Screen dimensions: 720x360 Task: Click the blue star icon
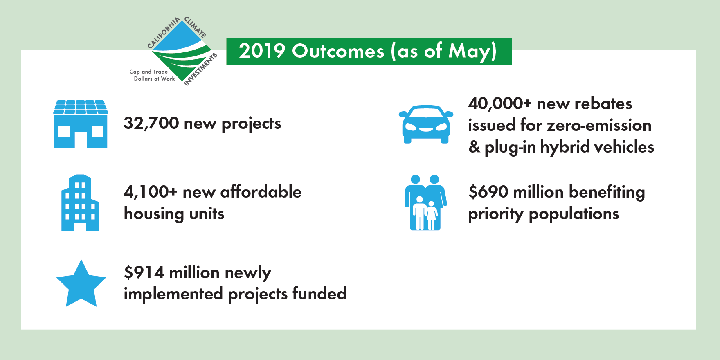point(81,284)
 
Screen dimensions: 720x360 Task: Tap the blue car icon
point(426,124)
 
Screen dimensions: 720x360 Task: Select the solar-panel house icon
point(81,124)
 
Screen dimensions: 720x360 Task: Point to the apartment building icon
point(80,202)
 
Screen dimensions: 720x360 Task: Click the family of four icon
point(426,202)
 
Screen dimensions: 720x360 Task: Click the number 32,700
point(151,123)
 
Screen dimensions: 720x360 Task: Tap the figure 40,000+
point(500,104)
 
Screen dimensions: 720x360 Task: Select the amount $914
point(144,272)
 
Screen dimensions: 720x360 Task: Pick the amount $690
point(488,192)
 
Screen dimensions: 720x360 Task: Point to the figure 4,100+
point(151,192)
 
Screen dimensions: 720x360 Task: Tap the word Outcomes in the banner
point(338,51)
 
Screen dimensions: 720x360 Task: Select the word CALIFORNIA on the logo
point(163,33)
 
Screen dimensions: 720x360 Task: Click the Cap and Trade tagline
point(148,72)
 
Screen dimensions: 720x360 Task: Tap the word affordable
point(261,191)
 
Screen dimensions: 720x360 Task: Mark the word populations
point(574,214)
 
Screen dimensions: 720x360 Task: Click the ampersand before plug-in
point(474,147)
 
